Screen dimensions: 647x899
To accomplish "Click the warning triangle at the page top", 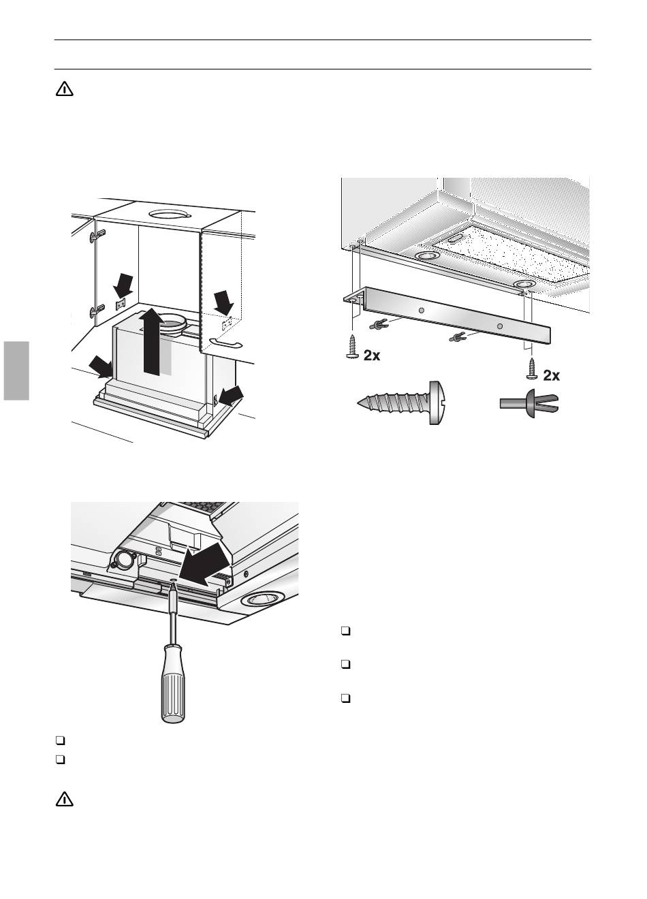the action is click(64, 89).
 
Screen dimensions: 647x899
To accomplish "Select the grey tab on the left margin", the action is click(16, 370).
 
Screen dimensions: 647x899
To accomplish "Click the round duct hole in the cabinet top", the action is click(169, 214).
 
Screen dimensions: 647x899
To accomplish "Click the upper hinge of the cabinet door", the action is click(97, 235).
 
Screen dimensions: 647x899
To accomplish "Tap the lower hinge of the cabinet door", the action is click(97, 310).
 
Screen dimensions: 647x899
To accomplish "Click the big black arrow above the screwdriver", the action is click(205, 562).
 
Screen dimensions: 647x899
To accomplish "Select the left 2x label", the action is click(372, 356).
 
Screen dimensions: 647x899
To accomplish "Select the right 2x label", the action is click(551, 376).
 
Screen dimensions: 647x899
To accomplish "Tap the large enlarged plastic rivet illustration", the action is click(529, 403).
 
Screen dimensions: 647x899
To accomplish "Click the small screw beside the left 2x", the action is click(352, 347).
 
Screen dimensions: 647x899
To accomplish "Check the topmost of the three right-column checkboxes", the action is click(345, 631).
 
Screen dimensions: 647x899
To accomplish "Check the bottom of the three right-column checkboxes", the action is click(345, 699).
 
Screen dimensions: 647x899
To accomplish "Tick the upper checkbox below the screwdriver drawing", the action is click(60, 740).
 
